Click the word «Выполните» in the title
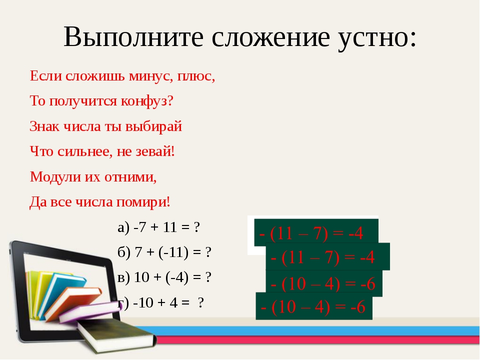tap(133, 37)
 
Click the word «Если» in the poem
tap(45, 75)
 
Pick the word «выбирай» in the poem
tap(153, 126)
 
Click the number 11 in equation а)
tap(170, 227)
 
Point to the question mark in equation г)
tap(201, 303)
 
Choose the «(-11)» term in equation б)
tap(173, 252)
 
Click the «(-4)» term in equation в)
tap(177, 277)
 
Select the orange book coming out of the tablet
tap(73, 301)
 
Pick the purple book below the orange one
tap(89, 312)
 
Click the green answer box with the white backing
tap(316, 233)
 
